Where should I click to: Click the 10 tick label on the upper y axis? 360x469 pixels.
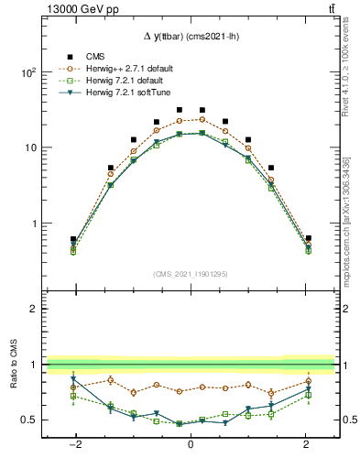(32, 147)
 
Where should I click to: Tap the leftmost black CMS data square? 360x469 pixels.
(73, 239)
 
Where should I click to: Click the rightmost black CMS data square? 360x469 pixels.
(309, 238)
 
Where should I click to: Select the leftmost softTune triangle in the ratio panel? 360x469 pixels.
(73, 379)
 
